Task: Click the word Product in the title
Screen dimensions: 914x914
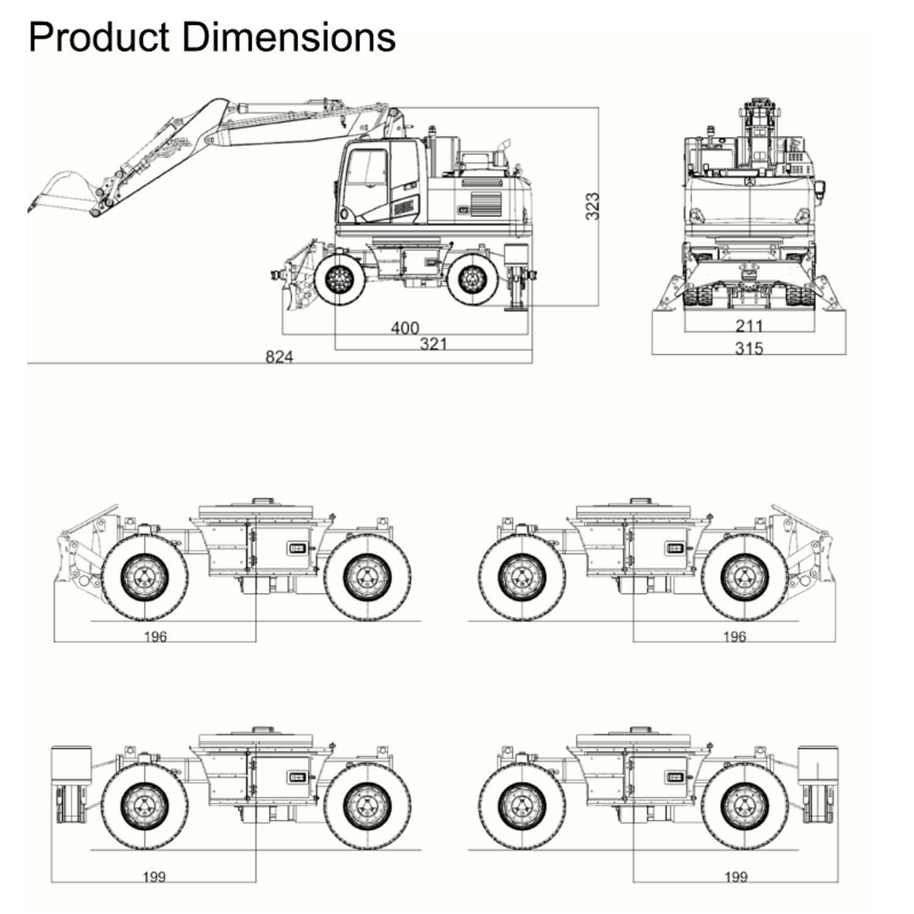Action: pos(98,38)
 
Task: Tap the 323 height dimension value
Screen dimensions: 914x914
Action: pos(592,206)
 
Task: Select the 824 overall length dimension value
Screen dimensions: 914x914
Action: pos(279,356)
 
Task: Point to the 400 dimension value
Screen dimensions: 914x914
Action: pos(405,328)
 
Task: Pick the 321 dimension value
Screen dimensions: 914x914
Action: pos(433,344)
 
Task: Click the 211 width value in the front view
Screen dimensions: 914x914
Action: pos(749,326)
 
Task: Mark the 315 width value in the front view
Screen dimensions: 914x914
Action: pos(749,349)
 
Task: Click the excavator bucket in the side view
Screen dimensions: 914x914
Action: pos(61,189)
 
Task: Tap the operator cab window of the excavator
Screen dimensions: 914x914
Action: pos(366,174)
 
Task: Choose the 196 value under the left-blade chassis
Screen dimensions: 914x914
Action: pos(155,637)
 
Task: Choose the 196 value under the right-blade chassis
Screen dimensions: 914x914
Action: pos(734,637)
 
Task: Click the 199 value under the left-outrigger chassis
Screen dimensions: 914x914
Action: pos(154,877)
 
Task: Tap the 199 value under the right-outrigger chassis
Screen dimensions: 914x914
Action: pos(735,877)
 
